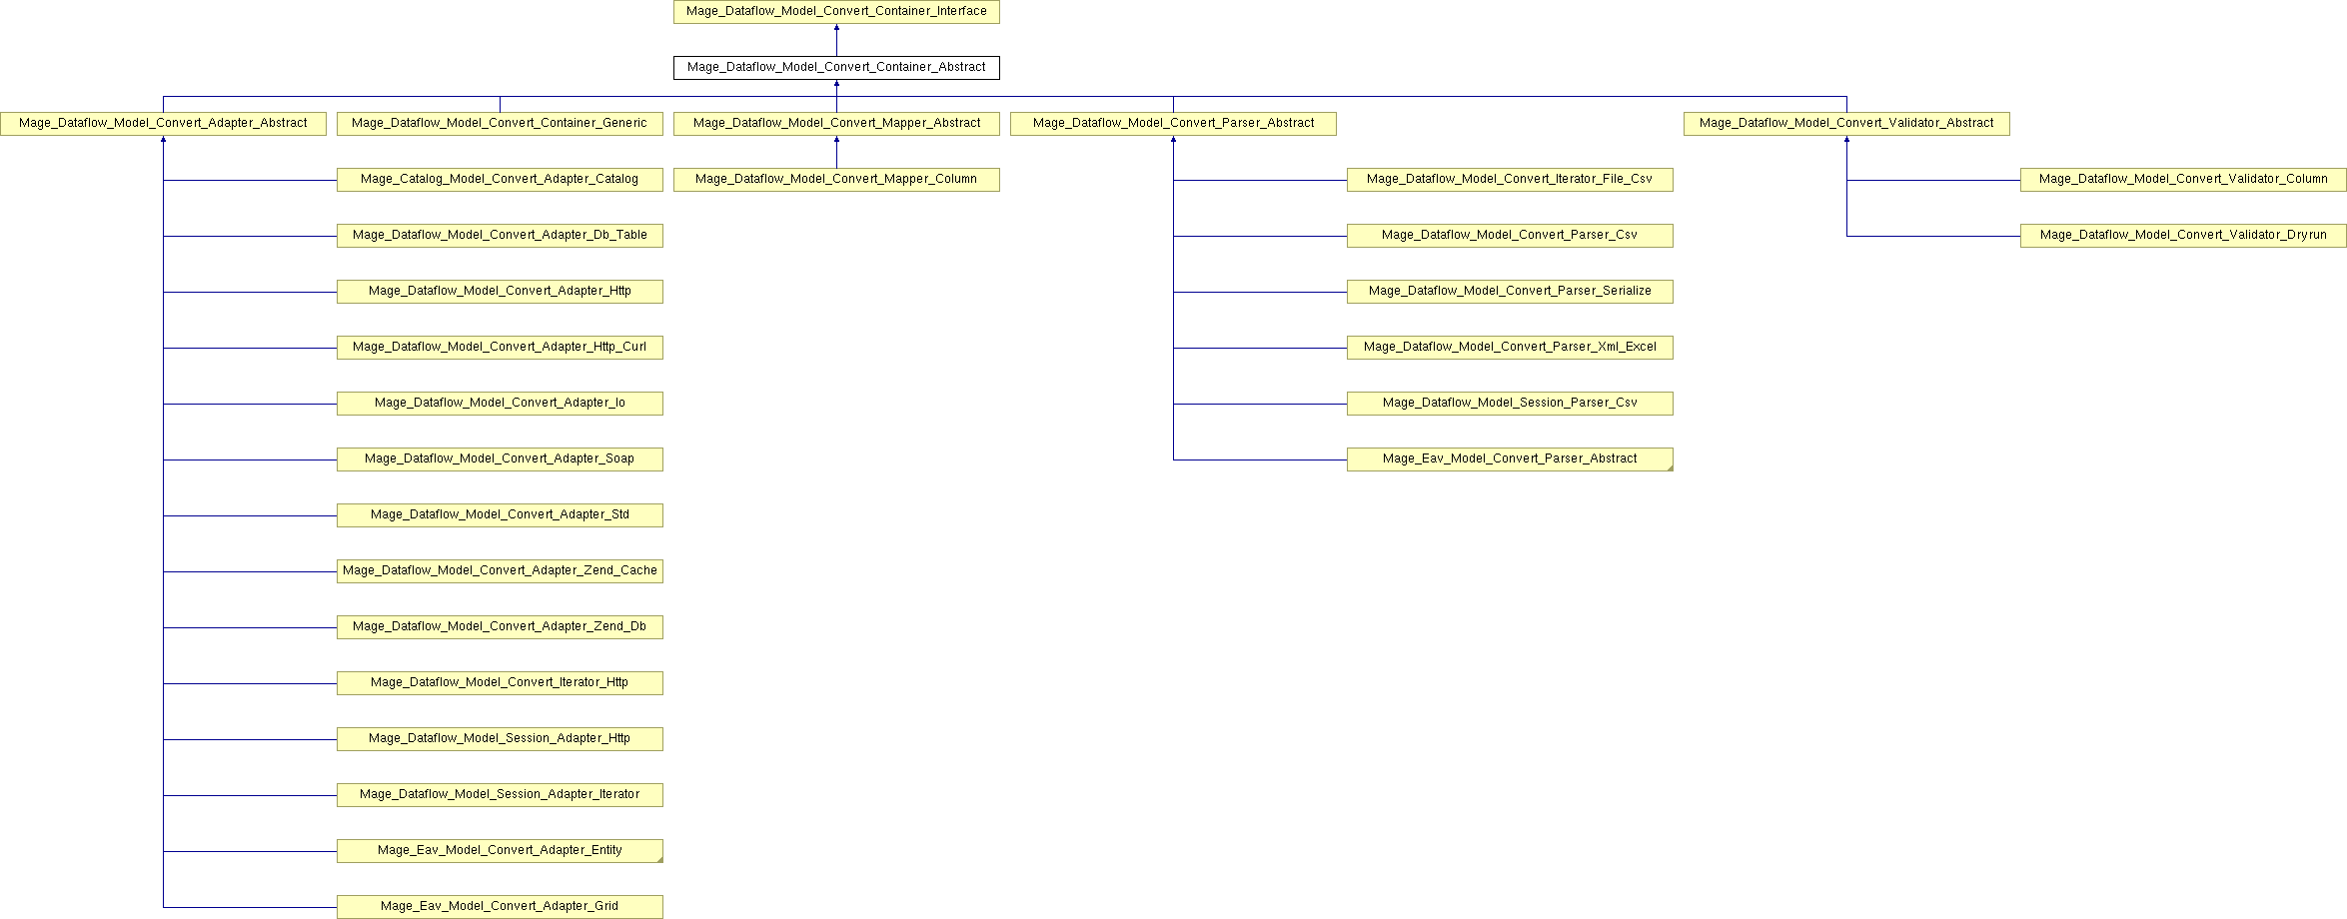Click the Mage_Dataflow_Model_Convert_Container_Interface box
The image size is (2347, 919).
coord(836,12)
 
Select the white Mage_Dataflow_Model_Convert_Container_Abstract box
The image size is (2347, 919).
coord(836,68)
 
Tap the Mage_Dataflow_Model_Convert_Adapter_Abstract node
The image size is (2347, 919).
coord(163,124)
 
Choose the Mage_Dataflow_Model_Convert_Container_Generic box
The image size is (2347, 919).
coord(500,124)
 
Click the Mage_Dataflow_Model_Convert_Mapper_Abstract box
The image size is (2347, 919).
coord(836,124)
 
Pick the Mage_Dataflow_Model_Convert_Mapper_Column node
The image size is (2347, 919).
coord(836,180)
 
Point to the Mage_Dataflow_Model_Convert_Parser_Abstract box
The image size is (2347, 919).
coord(1173,124)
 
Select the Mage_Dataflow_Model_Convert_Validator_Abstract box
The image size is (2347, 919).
coord(1846,124)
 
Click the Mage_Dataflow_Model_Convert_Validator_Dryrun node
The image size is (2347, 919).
coord(2183,236)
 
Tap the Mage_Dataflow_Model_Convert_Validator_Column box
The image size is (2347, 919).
coord(2183,180)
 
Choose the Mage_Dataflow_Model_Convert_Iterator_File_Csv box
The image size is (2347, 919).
coord(1510,180)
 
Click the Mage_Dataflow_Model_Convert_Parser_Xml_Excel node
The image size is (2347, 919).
coord(1510,348)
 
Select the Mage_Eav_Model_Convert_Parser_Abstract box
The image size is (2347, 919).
coord(1510,459)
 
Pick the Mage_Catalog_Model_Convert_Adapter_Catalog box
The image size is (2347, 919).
coord(500,180)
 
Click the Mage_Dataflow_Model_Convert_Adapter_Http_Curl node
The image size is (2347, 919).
coord(500,348)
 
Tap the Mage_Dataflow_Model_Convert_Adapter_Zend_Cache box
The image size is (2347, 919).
coord(500,571)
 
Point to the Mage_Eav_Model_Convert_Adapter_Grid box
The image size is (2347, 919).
coord(500,907)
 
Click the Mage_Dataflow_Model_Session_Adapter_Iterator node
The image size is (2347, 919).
coord(500,795)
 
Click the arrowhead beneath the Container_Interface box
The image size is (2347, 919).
coord(836,28)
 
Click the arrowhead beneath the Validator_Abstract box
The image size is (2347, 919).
coord(1846,140)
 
